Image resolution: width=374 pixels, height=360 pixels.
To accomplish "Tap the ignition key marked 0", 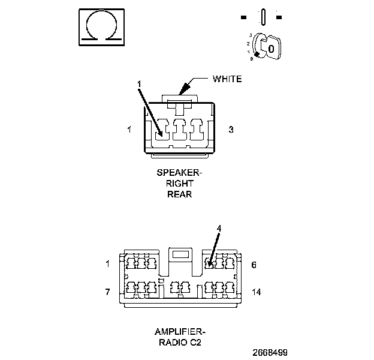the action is click(x=271, y=48).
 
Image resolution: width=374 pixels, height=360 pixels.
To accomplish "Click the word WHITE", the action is click(x=227, y=79).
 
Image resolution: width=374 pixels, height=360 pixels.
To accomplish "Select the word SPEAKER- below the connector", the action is click(x=179, y=173).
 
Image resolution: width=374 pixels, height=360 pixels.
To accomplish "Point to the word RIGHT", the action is click(x=180, y=184).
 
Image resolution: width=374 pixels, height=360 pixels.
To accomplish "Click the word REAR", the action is click(x=180, y=194).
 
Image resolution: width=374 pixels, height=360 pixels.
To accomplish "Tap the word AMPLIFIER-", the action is click(x=180, y=332).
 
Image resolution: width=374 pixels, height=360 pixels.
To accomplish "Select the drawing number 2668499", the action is click(x=270, y=353).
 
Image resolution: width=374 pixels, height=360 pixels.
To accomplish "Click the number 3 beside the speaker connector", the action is click(x=231, y=130).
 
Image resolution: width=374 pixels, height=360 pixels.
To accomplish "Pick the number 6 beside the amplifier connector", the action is click(x=254, y=265).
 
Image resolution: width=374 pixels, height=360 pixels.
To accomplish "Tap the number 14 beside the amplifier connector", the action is click(x=257, y=292).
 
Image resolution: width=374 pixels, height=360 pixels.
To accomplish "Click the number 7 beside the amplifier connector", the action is click(x=107, y=292).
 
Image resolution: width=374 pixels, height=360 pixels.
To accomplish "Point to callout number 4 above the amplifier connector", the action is click(x=219, y=229).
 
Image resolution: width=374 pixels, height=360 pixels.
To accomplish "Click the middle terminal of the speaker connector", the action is click(x=179, y=130).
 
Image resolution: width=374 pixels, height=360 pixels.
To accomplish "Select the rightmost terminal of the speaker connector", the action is click(x=197, y=130).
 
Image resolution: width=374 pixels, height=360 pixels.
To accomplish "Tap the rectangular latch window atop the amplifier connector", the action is click(x=180, y=254).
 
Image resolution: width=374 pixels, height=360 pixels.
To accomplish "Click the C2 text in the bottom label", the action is click(x=195, y=343).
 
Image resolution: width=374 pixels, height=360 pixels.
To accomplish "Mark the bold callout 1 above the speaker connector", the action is click(x=139, y=84).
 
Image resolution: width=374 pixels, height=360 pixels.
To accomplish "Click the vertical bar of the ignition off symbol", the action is click(x=263, y=17).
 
